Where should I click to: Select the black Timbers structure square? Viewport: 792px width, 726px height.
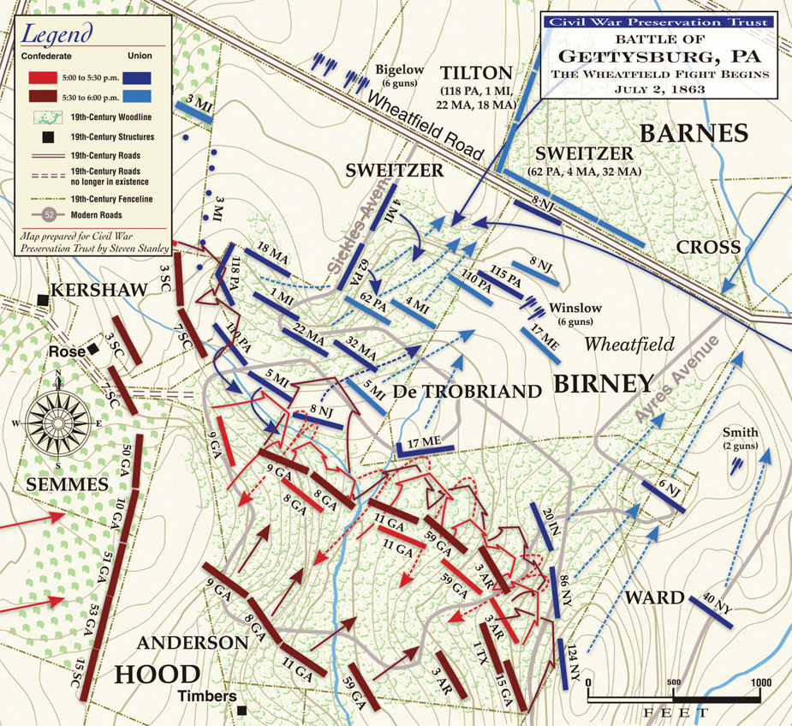pyautogui.click(x=243, y=711)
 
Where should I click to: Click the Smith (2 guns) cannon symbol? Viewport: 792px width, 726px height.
pyautogui.click(x=736, y=465)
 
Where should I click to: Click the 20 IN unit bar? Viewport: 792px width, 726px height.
pyautogui.click(x=542, y=525)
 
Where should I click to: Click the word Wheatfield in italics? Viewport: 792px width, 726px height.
pyautogui.click(x=630, y=344)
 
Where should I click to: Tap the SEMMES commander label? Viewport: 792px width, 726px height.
pyautogui.click(x=68, y=484)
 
